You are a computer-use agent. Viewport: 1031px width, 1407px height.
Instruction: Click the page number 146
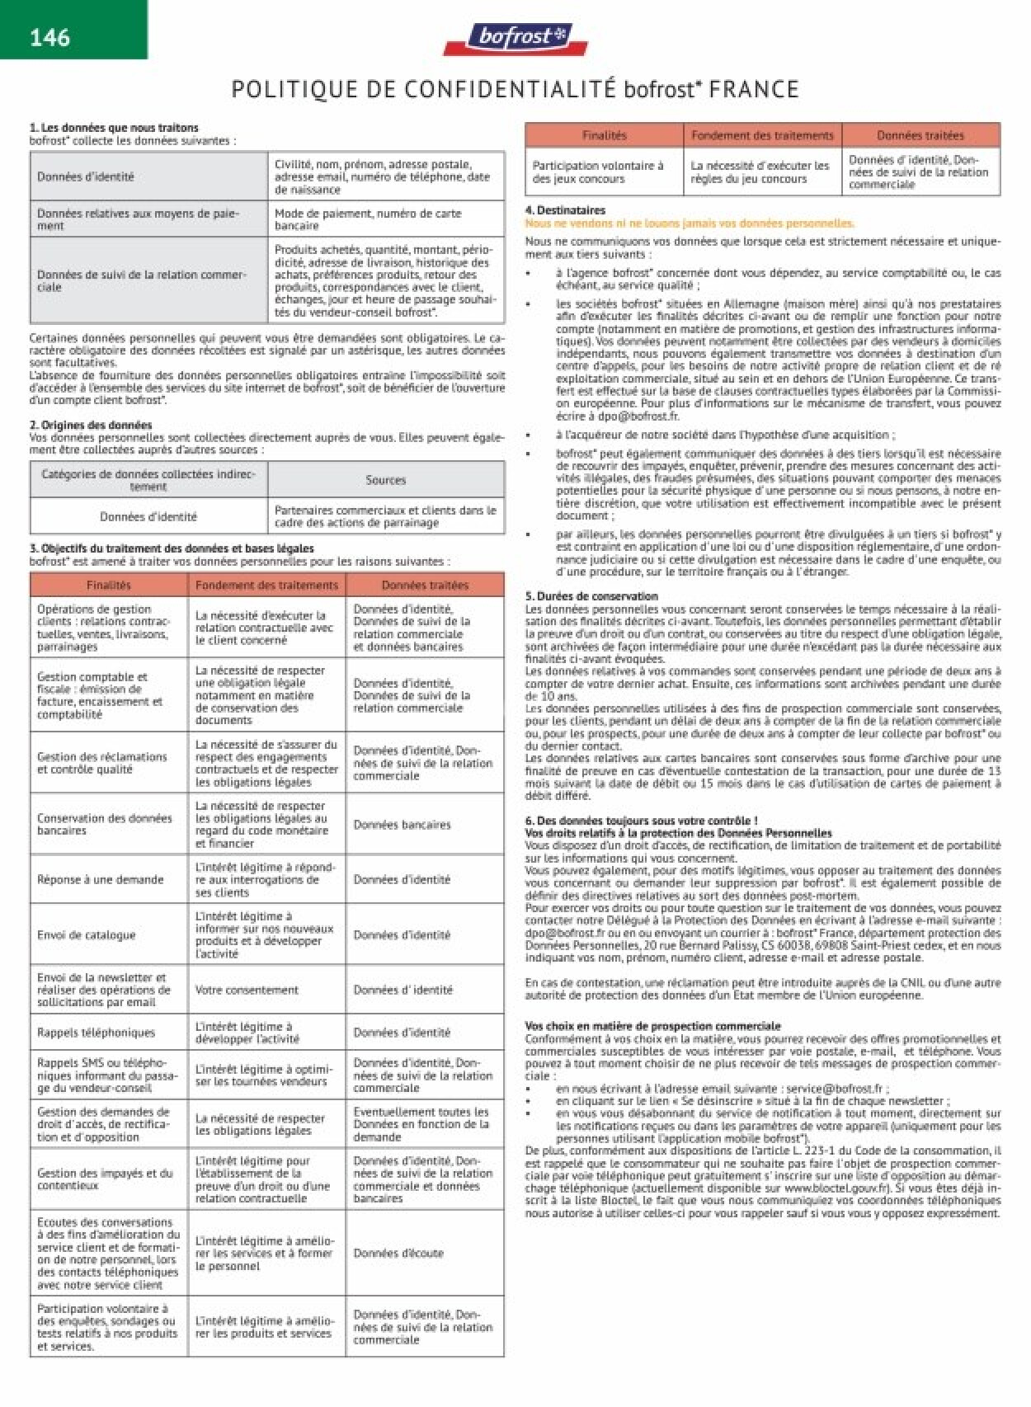49,37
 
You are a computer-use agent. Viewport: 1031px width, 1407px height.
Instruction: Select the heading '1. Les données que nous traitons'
114,128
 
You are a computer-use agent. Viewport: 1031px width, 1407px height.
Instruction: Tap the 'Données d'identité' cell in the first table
86,176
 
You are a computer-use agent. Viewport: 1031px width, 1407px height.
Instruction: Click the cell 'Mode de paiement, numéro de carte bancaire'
368,219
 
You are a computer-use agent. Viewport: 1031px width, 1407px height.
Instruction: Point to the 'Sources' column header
385,480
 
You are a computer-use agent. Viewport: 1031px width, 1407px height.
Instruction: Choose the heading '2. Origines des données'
91,426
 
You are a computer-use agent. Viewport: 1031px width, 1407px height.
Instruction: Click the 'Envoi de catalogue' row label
87,934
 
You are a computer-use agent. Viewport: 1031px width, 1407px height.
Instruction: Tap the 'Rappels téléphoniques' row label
96,1033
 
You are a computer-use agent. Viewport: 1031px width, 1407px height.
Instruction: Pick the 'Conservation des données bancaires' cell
105,824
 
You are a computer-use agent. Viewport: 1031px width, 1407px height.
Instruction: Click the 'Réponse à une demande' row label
101,879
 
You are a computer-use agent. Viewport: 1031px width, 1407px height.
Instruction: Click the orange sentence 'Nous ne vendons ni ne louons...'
690,224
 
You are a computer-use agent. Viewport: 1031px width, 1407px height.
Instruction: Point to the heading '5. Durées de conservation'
591,595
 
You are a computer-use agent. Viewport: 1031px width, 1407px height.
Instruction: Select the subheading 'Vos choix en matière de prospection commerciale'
652,1026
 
